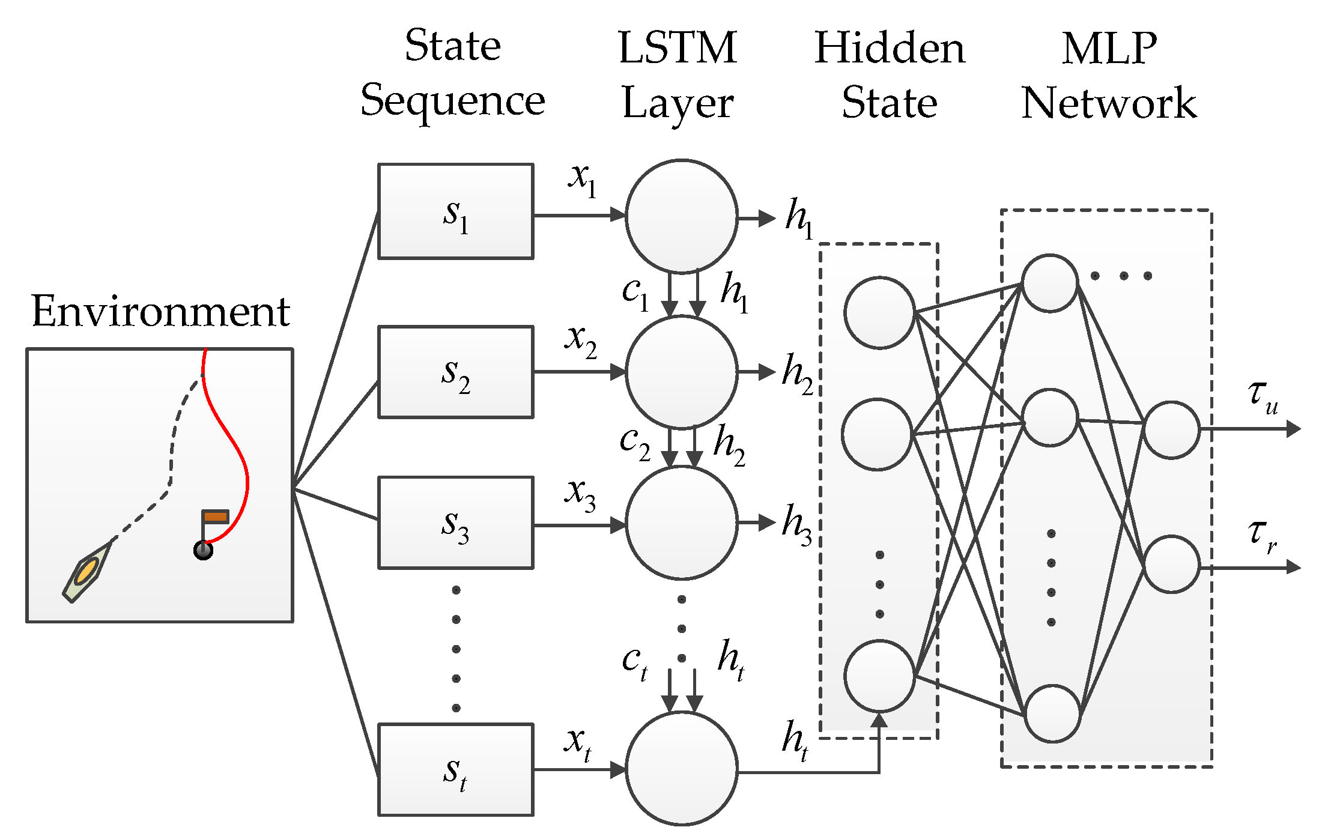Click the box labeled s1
(455, 211)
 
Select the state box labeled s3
(455, 522)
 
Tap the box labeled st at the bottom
(455, 770)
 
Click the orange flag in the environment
(215, 516)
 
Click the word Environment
(160, 312)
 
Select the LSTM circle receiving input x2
(681, 372)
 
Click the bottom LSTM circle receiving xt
(681, 769)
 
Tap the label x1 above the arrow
(582, 179)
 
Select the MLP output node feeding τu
(1171, 430)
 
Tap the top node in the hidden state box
(879, 313)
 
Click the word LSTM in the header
(677, 48)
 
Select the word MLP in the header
(1109, 48)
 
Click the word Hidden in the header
(889, 48)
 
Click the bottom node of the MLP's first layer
(1052, 713)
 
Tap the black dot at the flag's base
(204, 550)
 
